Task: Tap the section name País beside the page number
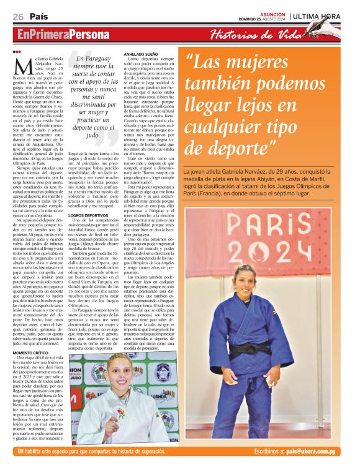click(39, 16)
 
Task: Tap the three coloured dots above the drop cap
click(17, 51)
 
